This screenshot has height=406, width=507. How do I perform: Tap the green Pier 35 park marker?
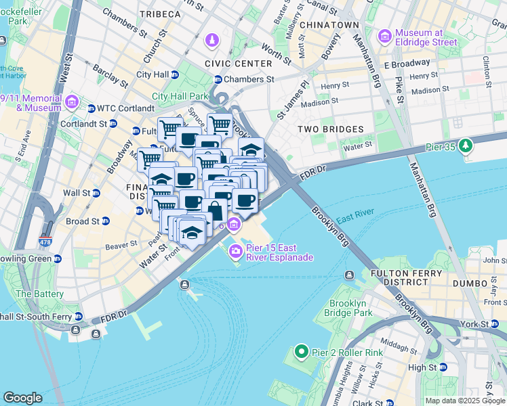click(x=466, y=145)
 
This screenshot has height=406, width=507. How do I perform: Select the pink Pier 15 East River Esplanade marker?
click(x=236, y=252)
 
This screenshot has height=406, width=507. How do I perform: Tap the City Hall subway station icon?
click(x=175, y=74)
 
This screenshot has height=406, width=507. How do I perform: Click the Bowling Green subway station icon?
click(x=58, y=258)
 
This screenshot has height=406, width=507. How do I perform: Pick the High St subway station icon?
click(x=443, y=367)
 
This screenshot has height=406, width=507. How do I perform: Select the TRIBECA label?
click(x=160, y=14)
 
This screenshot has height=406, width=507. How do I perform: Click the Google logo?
click(x=22, y=398)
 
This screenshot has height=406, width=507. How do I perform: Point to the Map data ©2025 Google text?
click(x=464, y=401)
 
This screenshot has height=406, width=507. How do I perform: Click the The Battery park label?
click(x=39, y=294)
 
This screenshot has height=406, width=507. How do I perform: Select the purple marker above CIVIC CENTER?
click(x=213, y=41)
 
